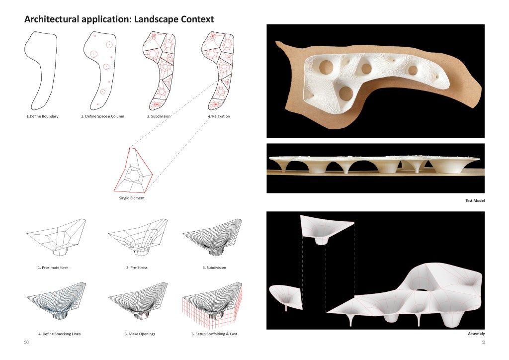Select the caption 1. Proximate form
tap(53, 268)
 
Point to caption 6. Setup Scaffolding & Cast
tap(214, 334)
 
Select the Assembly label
tap(476, 334)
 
